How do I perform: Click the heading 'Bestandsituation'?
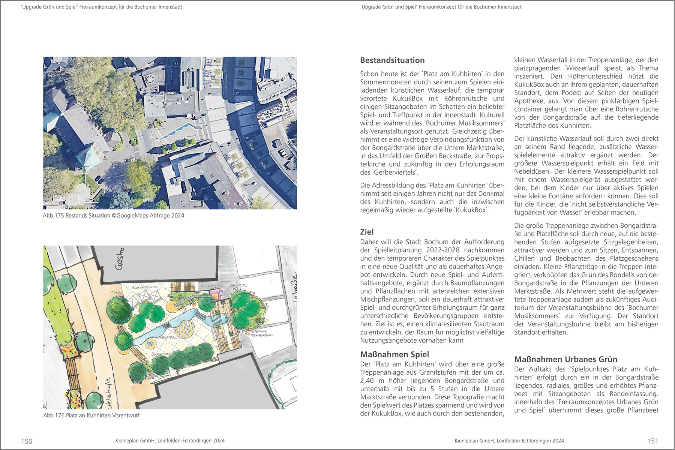click(392, 60)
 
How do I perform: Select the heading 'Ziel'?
click(367, 232)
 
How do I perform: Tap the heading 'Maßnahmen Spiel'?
click(394, 354)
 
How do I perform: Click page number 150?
click(27, 441)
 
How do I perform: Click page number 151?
click(652, 441)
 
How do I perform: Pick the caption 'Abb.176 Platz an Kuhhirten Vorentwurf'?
click(91, 415)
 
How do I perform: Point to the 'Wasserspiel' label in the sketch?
click(167, 337)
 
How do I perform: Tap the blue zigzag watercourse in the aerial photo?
click(179, 129)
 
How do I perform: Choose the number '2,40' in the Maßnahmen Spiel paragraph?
click(369, 381)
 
